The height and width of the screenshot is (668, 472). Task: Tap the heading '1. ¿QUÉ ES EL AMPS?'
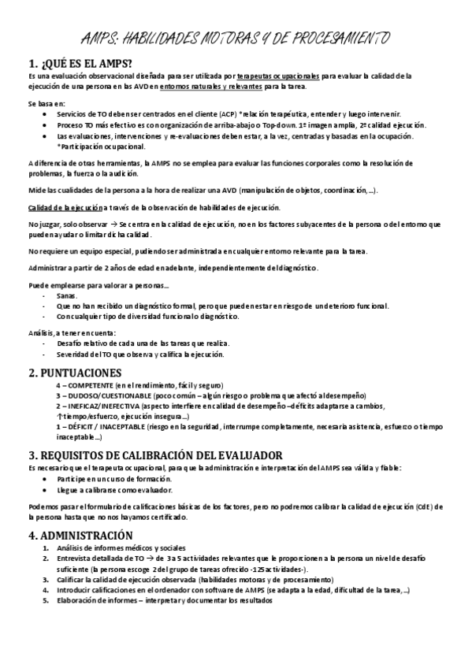tap(81, 63)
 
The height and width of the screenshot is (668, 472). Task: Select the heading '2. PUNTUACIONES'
tap(75, 372)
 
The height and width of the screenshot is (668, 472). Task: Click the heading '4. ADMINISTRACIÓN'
tap(81, 536)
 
